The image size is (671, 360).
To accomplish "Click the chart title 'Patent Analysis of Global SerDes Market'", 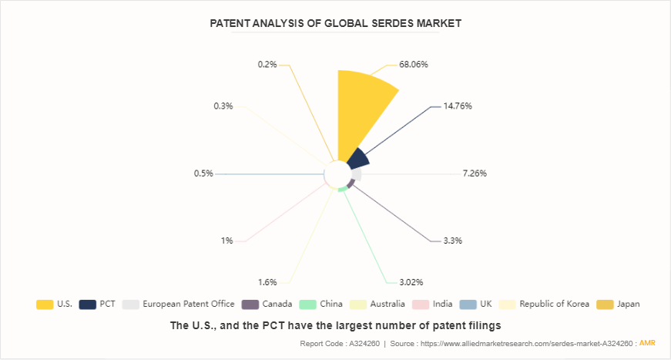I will click(x=335, y=23).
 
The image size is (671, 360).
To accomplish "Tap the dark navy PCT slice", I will click(x=357, y=159).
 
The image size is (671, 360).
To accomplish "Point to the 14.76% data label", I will click(x=458, y=106).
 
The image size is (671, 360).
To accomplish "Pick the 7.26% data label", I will click(x=475, y=173).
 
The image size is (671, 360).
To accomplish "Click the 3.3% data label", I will click(x=452, y=241).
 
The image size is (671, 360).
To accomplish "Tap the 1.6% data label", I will click(x=269, y=282).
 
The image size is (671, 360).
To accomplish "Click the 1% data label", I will click(x=226, y=241).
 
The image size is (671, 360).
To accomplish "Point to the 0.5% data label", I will click(x=203, y=173).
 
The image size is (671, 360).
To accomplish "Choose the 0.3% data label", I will click(x=223, y=106).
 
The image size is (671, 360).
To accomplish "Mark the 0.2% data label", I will click(x=267, y=65).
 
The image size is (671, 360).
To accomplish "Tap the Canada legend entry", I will click(x=267, y=304).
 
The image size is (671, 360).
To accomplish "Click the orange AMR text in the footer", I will click(x=647, y=343).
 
